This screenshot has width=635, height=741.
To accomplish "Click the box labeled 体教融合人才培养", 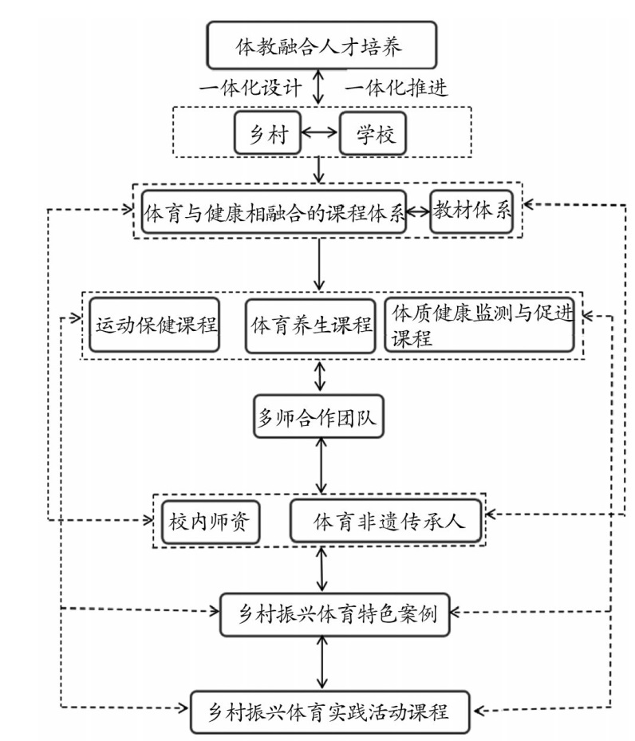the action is (x=321, y=45).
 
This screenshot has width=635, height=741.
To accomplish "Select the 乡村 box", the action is (x=268, y=132).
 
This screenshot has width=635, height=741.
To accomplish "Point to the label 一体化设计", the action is (x=250, y=88).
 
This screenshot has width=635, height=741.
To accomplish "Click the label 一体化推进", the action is (x=396, y=88).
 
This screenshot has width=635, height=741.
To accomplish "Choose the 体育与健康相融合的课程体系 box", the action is (x=274, y=211).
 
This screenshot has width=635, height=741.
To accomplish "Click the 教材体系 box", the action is (x=471, y=211).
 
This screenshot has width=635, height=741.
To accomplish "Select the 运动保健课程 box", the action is (x=155, y=325).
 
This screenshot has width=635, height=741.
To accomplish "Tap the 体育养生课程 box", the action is (x=310, y=325).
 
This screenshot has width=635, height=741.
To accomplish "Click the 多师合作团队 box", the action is (x=318, y=416).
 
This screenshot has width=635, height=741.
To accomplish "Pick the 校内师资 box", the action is (x=211, y=522).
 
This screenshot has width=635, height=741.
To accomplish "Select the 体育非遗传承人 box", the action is (x=385, y=521).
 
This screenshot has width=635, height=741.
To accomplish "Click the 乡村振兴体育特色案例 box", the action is (x=334, y=614).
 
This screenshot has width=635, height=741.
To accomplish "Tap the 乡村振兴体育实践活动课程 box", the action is (x=329, y=712).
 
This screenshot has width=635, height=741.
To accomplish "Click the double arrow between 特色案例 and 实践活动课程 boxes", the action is (x=322, y=663).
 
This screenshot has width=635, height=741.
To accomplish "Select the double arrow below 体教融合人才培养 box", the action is (x=319, y=87).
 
